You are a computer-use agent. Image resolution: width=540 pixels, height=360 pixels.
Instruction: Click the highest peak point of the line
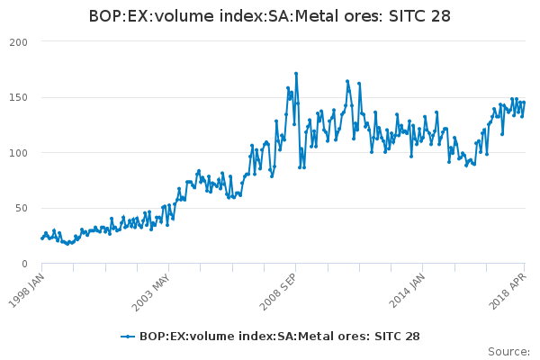coord(295,74)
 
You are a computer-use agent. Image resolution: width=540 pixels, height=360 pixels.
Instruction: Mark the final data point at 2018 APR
coord(524,102)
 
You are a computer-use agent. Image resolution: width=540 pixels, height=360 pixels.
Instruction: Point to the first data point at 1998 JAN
coord(42,238)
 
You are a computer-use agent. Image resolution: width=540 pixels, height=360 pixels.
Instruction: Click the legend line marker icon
coord(128,337)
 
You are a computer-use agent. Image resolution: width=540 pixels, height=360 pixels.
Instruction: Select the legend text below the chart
coord(279,337)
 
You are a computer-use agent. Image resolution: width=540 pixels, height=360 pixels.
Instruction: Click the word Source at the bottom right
coord(508,351)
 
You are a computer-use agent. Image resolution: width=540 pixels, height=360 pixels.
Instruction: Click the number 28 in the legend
coord(411,337)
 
